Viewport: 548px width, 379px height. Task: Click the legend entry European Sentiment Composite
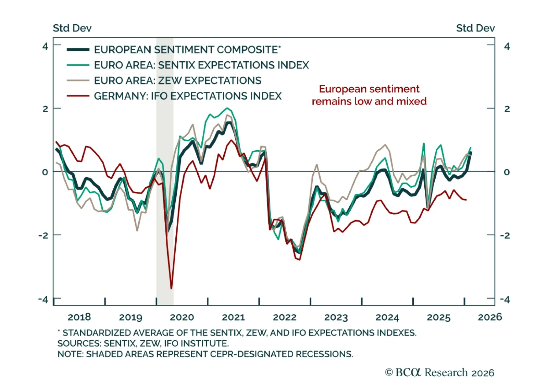(187, 50)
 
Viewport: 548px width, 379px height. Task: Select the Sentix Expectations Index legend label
(201, 65)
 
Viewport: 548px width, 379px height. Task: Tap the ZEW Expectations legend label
(177, 80)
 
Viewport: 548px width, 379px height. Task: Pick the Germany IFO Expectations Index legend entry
(188, 96)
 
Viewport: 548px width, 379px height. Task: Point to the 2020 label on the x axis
(182, 317)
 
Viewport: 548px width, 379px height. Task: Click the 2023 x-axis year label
(336, 317)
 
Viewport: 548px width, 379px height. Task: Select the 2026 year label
(490, 317)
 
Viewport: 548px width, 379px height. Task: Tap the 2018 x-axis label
(79, 317)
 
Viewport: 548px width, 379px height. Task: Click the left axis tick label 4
(45, 46)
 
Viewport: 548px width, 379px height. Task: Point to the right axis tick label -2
(505, 236)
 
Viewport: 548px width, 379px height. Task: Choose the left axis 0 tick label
(45, 172)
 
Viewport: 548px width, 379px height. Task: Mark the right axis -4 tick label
(505, 300)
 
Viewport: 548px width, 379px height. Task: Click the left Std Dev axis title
(72, 28)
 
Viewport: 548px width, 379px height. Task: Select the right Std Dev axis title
(475, 28)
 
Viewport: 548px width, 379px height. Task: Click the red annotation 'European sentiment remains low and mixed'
(369, 95)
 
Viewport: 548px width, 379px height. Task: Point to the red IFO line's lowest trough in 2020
(171, 288)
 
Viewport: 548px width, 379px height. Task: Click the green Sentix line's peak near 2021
(227, 108)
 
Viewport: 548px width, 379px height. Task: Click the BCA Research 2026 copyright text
(440, 372)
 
